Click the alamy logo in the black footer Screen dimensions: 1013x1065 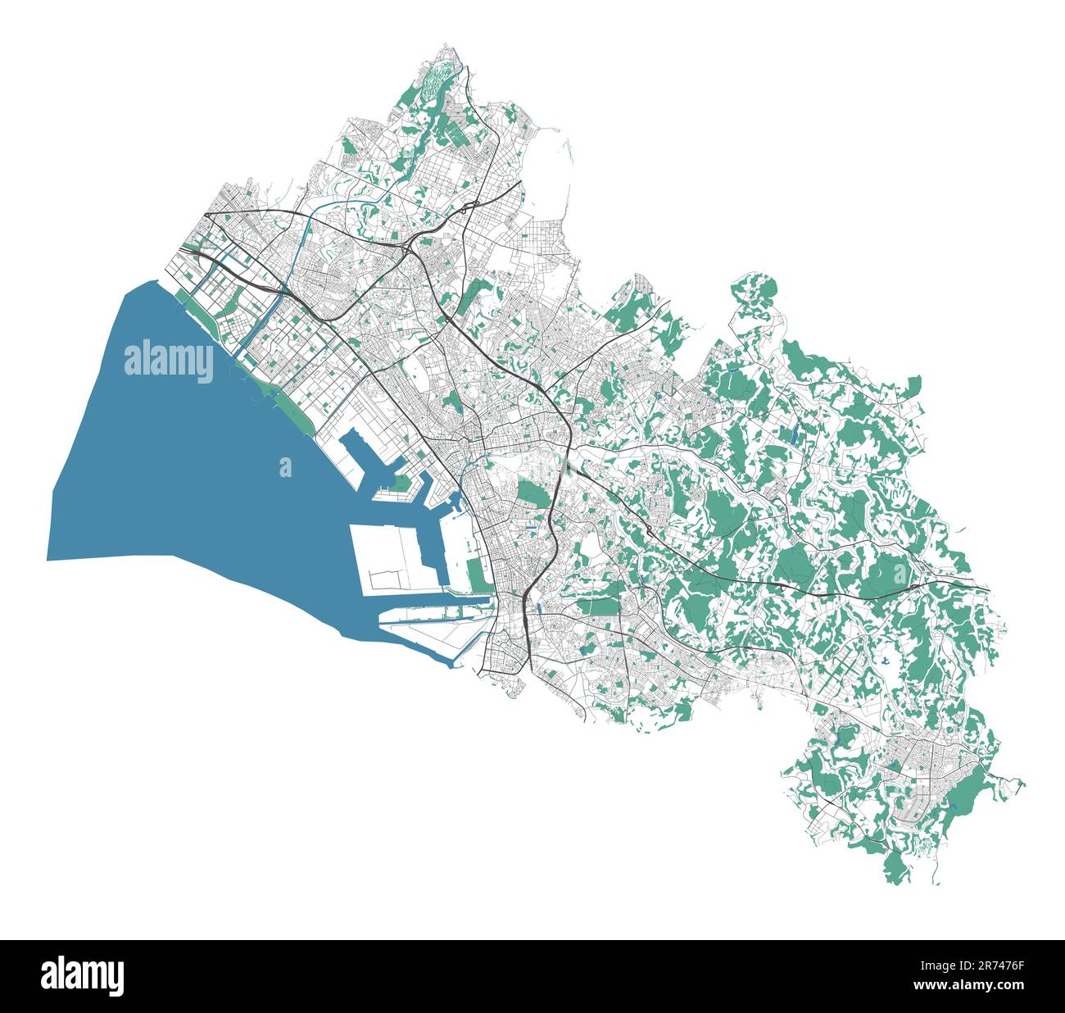tap(82, 975)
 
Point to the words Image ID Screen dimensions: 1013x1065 tap(937, 965)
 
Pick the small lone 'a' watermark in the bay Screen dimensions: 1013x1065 tap(285, 467)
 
